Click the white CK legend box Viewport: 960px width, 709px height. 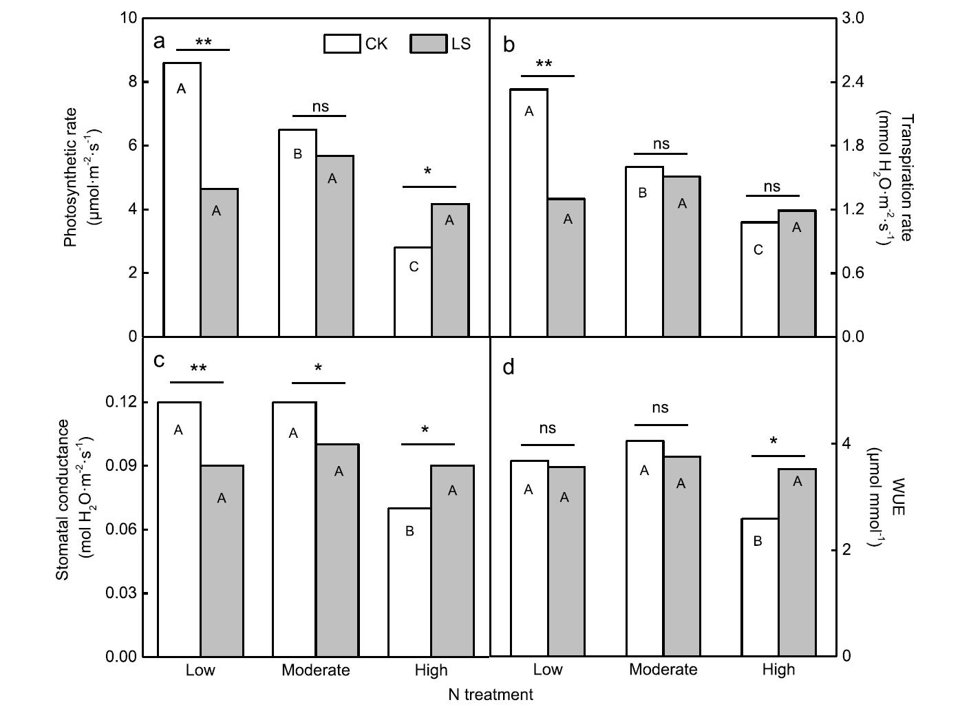342,43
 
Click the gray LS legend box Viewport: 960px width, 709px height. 428,43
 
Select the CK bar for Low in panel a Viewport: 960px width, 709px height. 182,200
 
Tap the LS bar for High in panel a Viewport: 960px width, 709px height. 450,270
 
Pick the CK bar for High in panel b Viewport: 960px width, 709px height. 760,279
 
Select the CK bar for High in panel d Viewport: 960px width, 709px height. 760,587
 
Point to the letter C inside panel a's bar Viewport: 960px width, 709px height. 414,267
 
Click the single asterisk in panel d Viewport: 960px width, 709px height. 774,442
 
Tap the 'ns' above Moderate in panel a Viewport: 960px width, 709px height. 321,107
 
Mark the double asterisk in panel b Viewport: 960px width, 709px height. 544,65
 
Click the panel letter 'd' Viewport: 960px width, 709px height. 509,368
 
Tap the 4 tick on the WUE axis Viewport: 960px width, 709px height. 846,443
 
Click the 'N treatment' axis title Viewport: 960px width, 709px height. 490,695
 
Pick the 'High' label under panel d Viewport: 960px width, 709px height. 778,670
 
